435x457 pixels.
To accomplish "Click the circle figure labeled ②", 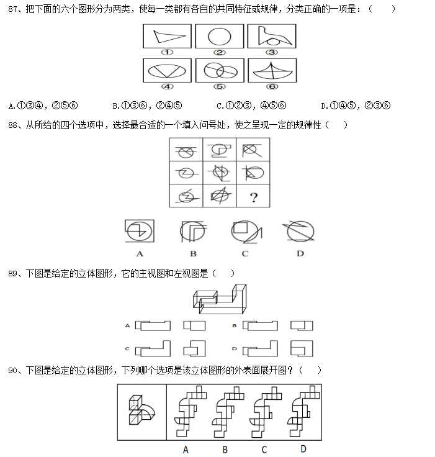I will click(219, 35).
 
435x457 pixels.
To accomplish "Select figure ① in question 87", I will click(168, 35).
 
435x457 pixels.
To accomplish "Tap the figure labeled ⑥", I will click(271, 70).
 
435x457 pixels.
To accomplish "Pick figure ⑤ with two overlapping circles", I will click(219, 70).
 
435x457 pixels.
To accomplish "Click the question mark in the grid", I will click(253, 197).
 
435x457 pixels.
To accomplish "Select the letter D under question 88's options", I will click(300, 253).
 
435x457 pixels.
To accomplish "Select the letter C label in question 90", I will click(264, 449).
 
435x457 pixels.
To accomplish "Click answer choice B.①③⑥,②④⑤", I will click(146, 105).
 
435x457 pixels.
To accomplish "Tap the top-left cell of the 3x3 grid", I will click(186, 151).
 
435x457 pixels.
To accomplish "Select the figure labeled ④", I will click(168, 70).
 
